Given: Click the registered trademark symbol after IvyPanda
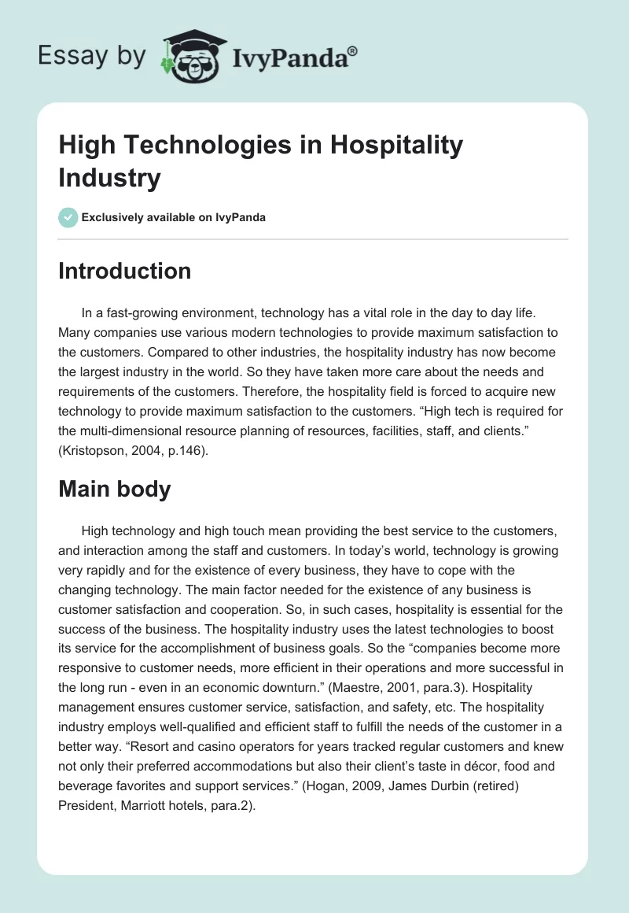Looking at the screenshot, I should pyautogui.click(x=353, y=50).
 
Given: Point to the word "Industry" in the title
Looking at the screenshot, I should pyautogui.click(x=109, y=178).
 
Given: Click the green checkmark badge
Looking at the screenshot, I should pyautogui.click(x=68, y=217).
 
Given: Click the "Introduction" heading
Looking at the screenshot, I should pyautogui.click(x=125, y=271).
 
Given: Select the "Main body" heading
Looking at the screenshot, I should pyautogui.click(x=115, y=489).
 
